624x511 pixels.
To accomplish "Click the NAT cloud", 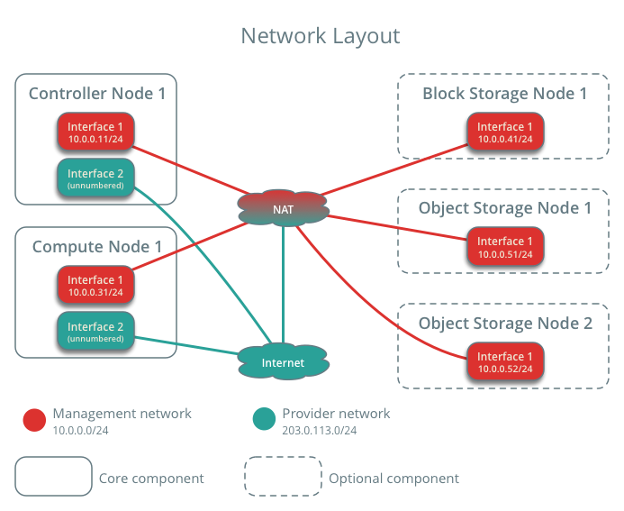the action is pyautogui.click(x=283, y=208).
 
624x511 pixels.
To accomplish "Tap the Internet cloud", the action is pyautogui.click(x=283, y=361).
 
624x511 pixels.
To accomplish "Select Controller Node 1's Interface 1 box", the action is pyautogui.click(x=95, y=132).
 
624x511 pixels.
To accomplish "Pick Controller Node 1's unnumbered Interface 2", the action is pyautogui.click(x=95, y=178).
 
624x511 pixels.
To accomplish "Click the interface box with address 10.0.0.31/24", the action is pyautogui.click(x=95, y=285).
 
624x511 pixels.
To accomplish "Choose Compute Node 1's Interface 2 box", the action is pyautogui.click(x=95, y=332).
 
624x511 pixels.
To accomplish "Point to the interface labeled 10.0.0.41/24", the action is pyautogui.click(x=505, y=132).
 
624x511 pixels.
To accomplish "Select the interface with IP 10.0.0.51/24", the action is pyautogui.click(x=505, y=247).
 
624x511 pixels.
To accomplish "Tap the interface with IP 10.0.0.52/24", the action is pyautogui.click(x=505, y=361).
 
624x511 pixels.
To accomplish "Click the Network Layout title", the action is pyautogui.click(x=321, y=36).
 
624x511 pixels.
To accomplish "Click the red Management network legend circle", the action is pyautogui.click(x=34, y=420).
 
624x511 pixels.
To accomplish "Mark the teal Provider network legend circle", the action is pyautogui.click(x=264, y=419).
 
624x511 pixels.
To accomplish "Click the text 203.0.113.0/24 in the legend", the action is pyautogui.click(x=319, y=431).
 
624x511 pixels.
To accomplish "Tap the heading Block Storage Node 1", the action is pyautogui.click(x=504, y=94).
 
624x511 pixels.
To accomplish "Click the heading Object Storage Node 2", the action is pyautogui.click(x=505, y=324).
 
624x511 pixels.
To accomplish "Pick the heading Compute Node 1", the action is pyautogui.click(x=97, y=247).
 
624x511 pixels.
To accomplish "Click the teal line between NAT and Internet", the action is pyautogui.click(x=283, y=285).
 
